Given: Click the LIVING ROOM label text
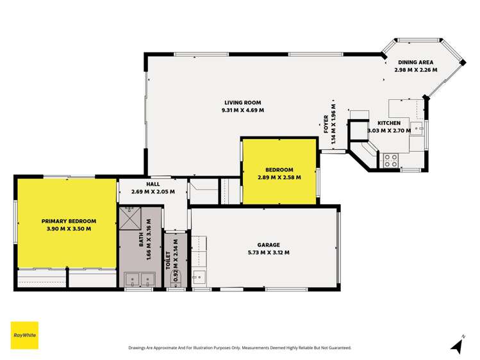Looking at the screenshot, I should (x=242, y=102).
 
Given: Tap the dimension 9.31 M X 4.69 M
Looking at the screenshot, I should (x=242, y=110).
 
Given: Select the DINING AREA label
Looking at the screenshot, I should (x=415, y=62).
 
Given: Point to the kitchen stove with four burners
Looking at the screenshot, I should (x=390, y=160).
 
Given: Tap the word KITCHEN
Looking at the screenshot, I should (x=388, y=123).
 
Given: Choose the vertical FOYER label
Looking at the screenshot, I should (x=326, y=121).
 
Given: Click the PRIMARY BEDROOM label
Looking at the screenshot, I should (x=65, y=220).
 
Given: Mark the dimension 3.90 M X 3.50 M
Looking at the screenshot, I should (x=65, y=228).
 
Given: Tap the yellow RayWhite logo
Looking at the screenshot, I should (x=24, y=335).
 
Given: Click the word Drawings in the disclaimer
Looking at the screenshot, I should (x=140, y=348).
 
